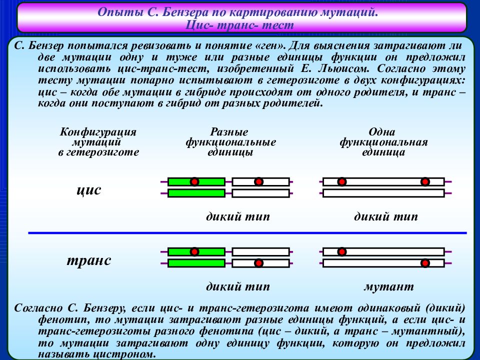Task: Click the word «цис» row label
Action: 89,190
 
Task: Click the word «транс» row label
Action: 89,260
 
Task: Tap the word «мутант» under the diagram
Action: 389,286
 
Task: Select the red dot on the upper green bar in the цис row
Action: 194,182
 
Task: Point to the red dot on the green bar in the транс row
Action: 194,252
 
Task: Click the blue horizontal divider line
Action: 247,233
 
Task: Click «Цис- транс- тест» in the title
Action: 239,25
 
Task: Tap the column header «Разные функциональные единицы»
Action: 230,142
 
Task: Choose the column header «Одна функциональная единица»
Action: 383,142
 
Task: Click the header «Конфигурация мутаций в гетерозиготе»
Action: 98,142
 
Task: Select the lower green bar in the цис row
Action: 196,193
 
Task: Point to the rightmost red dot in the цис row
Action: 425,182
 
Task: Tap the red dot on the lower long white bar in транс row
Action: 425,263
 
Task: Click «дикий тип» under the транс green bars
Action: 238,286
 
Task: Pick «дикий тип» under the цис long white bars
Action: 385,216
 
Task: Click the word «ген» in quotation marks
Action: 269,45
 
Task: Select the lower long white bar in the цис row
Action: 383,193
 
